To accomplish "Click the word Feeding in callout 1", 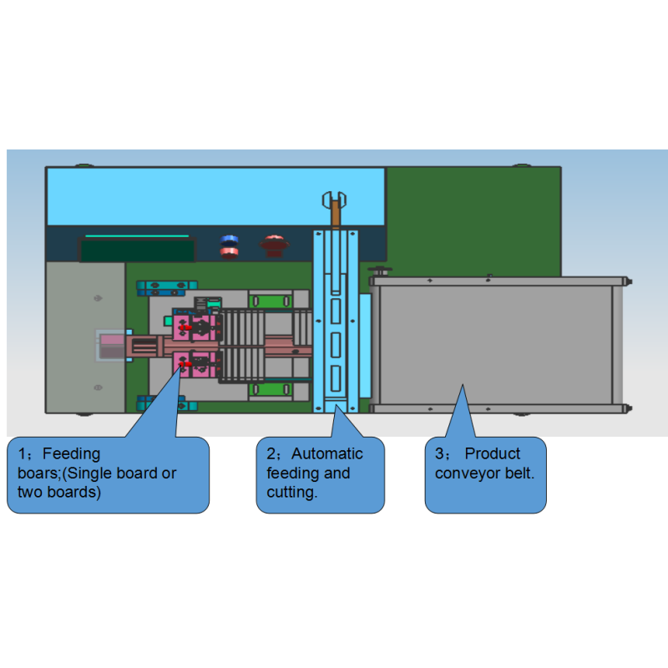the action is click(x=71, y=453).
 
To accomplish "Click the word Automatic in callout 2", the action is click(x=326, y=453).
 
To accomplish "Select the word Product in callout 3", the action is click(x=492, y=453).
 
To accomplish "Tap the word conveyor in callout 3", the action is click(x=468, y=473).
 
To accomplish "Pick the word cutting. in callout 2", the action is click(x=291, y=493).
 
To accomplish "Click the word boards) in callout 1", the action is click(x=73, y=492).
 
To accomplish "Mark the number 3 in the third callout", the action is click(x=439, y=453).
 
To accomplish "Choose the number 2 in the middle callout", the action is click(x=271, y=453).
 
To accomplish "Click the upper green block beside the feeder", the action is click(x=270, y=301).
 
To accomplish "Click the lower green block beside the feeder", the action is click(x=270, y=389).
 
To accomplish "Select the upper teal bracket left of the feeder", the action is click(x=166, y=288).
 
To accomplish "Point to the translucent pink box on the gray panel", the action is click(x=110, y=346).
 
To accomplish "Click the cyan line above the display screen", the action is click(x=137, y=235).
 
